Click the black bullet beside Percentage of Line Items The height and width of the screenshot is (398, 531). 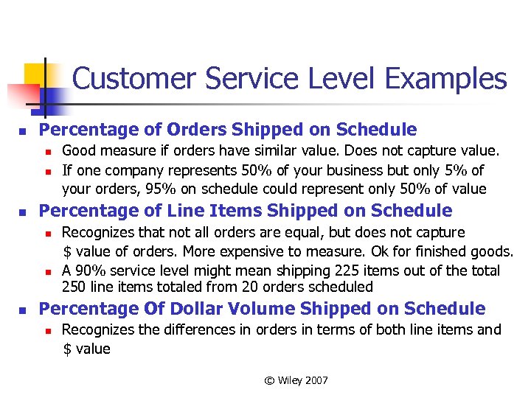[x=24, y=212]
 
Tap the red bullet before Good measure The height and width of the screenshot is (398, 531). [x=46, y=153]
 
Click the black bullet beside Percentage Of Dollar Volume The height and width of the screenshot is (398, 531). [x=24, y=310]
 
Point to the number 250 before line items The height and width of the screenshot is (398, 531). [x=74, y=287]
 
